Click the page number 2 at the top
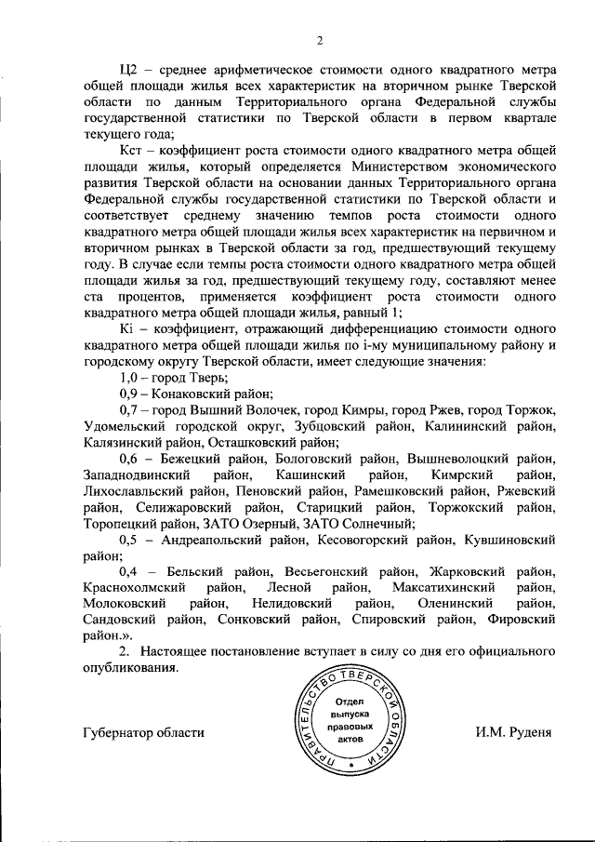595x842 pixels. pyautogui.click(x=318, y=39)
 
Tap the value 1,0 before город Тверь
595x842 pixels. pyautogui.click(x=129, y=379)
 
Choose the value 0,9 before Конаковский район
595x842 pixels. pyautogui.click(x=129, y=394)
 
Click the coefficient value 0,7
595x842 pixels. pyautogui.click(x=129, y=410)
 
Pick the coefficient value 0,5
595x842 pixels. pyautogui.click(x=129, y=539)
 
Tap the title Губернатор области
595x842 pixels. pyautogui.click(x=143, y=731)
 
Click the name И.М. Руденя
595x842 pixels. pyautogui.click(x=513, y=731)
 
